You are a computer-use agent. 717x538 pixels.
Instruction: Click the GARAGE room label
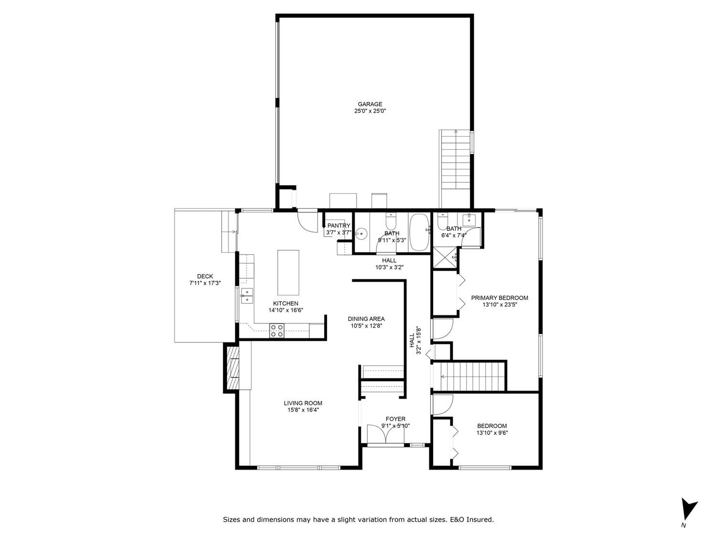click(370, 104)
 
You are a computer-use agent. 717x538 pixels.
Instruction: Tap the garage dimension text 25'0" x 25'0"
click(370, 111)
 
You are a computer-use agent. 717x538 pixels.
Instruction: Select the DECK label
click(205, 276)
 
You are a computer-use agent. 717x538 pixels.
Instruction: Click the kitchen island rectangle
click(288, 273)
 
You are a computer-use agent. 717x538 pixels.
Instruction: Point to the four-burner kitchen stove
click(277, 330)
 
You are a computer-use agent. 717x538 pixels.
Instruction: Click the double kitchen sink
click(247, 296)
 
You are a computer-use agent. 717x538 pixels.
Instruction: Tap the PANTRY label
click(339, 225)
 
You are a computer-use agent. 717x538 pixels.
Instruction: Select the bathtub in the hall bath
click(419, 232)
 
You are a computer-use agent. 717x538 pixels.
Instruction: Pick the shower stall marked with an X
click(445, 258)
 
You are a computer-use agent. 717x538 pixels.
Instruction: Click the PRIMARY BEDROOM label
click(500, 298)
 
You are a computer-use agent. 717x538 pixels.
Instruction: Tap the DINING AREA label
click(366, 319)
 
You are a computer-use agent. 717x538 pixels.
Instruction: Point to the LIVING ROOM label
click(303, 404)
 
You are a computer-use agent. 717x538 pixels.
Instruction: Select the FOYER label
click(395, 419)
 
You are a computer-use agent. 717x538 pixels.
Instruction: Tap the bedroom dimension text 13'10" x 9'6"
click(492, 433)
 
